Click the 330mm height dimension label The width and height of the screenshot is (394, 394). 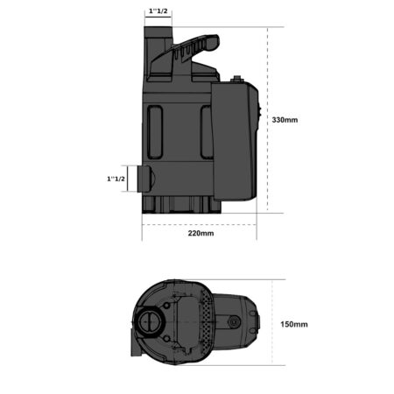(285, 120)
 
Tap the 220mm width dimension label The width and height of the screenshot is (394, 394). (201, 233)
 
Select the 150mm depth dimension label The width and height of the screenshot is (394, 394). (294, 324)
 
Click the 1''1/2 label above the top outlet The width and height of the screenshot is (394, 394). (158, 11)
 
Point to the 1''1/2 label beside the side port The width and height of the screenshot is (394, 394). (116, 179)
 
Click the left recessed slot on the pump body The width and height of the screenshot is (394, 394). (155, 132)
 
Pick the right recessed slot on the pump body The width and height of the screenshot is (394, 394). (207, 132)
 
